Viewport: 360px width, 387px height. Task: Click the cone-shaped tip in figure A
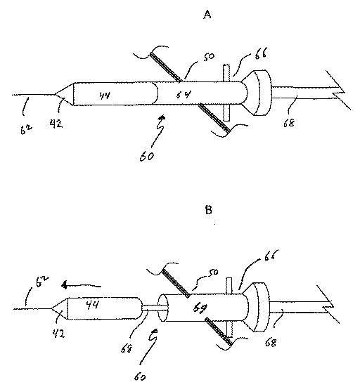pos(64,94)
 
